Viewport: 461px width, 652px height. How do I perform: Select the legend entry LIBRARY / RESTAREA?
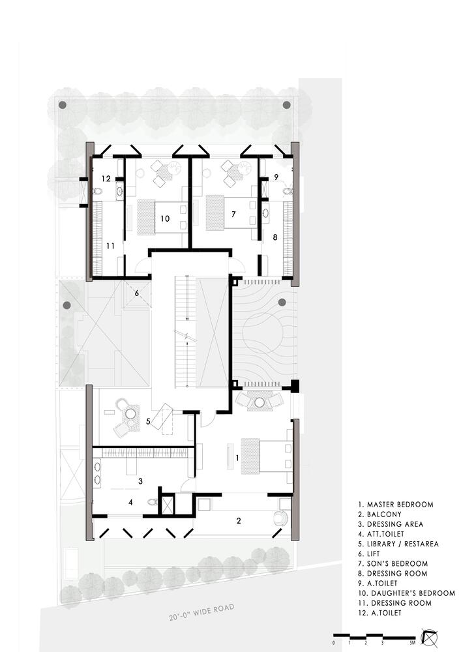pyautogui.click(x=398, y=544)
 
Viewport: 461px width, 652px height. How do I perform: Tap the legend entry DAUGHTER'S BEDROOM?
pyautogui.click(x=406, y=593)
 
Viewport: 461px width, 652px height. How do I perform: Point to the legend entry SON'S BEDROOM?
pyautogui.click(x=393, y=563)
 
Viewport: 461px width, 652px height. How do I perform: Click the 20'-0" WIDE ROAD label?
pyautogui.click(x=201, y=612)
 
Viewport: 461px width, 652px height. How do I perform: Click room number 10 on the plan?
pyautogui.click(x=165, y=218)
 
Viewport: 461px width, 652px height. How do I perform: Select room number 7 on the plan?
pyautogui.click(x=233, y=214)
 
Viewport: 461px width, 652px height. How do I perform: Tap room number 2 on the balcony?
pyautogui.click(x=239, y=520)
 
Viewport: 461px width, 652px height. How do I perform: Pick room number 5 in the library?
pyautogui.click(x=148, y=421)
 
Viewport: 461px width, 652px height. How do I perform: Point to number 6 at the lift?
pyautogui.click(x=136, y=293)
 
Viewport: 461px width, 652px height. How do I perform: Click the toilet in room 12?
pyautogui.click(x=97, y=191)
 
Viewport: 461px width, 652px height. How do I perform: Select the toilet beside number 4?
pyautogui.click(x=153, y=502)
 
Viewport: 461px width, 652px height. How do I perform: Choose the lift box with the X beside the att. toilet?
pyautogui.click(x=167, y=505)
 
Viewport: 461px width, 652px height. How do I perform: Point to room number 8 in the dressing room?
pyautogui.click(x=275, y=237)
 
